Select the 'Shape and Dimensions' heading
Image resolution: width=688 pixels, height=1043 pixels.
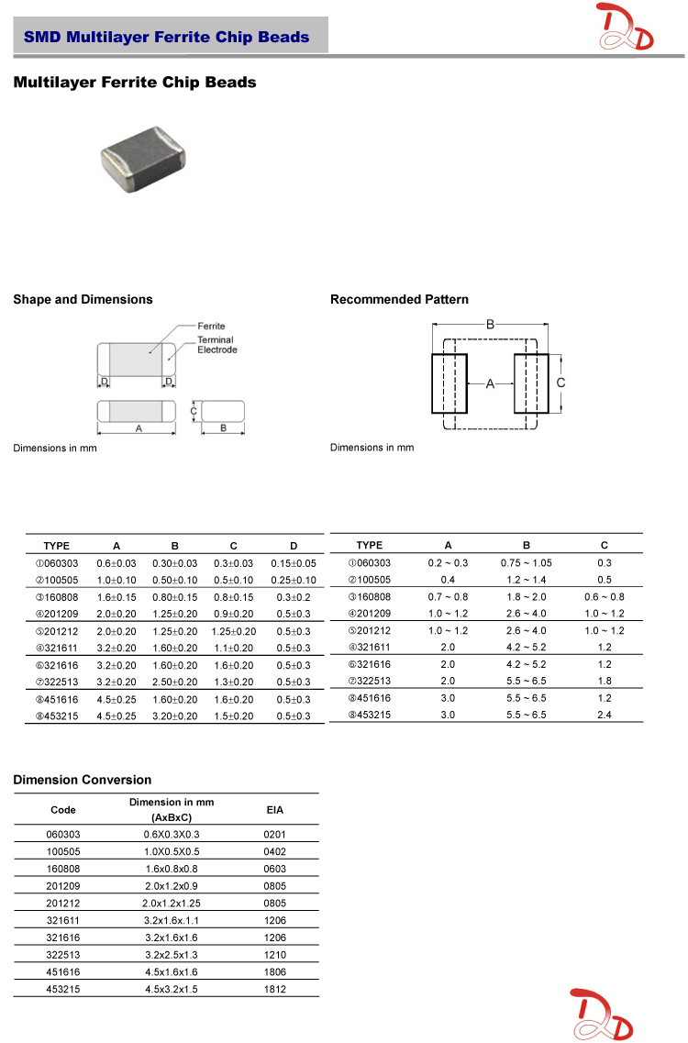83,300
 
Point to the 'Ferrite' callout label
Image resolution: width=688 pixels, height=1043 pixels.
211,326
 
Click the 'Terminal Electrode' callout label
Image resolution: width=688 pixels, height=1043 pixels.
217,345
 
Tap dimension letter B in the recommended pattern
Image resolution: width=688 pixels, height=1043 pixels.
491,325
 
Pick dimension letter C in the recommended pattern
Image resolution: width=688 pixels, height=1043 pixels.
560,382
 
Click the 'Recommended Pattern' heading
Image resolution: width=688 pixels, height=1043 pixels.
399,300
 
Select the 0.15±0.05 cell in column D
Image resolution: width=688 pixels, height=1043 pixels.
294,563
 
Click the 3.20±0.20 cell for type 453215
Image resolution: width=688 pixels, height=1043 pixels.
174,716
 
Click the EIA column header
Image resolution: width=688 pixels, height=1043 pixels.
274,810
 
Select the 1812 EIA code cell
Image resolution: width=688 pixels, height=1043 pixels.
274,989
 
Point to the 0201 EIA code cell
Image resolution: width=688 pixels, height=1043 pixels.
274,834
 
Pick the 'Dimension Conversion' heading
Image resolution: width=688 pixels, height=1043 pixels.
83,780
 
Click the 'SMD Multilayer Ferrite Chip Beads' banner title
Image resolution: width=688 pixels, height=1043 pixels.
166,38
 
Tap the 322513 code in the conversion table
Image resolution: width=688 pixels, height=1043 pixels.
63,955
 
